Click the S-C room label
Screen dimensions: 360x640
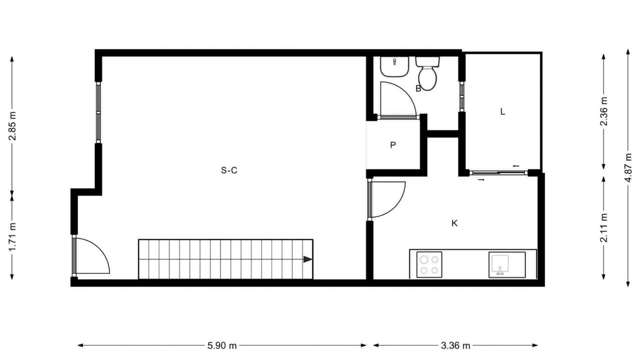[x=229, y=170]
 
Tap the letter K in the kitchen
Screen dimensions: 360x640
[x=454, y=223]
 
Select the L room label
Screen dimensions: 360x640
[x=503, y=112]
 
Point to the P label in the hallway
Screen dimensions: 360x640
[x=393, y=145]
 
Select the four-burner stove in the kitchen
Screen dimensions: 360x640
[x=429, y=265]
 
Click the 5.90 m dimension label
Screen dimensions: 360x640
[x=222, y=346]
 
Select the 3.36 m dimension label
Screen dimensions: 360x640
[x=455, y=346]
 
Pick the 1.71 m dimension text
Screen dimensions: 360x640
[x=12, y=237]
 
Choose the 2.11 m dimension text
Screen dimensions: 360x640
[x=604, y=228]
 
